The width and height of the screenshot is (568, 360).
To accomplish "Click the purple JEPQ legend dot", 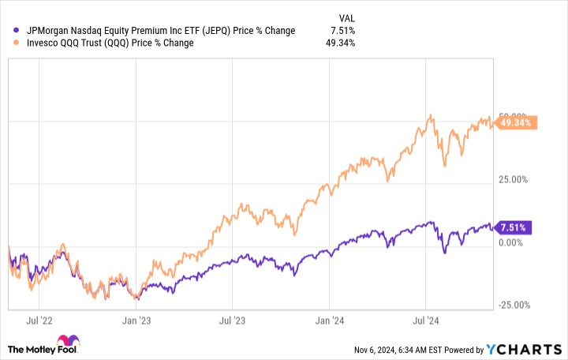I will (x=9, y=31).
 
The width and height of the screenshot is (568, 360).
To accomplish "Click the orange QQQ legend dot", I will (x=9, y=43).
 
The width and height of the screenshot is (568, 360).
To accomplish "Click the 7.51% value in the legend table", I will (x=345, y=31).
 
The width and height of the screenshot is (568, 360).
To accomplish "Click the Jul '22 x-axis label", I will (x=40, y=321).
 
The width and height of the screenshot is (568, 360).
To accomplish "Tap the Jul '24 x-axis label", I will (x=427, y=321).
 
